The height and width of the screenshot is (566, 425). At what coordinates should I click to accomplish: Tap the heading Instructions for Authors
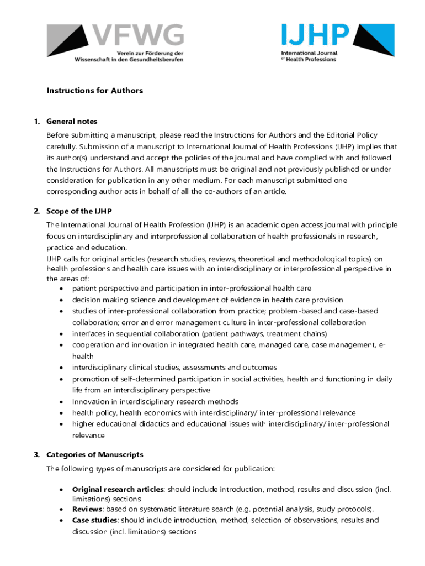click(x=94, y=91)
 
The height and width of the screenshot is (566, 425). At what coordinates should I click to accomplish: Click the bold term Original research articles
click(x=118, y=490)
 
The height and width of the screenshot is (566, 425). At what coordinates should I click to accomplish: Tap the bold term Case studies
click(x=95, y=520)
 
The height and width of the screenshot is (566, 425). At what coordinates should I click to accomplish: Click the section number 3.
click(x=36, y=454)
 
